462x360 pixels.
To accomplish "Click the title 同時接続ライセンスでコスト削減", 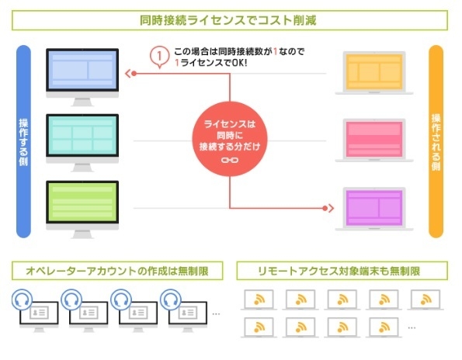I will (x=231, y=18).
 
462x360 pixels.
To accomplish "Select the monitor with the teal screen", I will (x=82, y=138).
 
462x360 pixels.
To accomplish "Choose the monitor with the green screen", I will (x=82, y=203).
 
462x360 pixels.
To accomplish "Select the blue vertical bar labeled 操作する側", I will (x=23, y=140).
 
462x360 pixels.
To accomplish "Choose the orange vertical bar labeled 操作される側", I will (x=436, y=140).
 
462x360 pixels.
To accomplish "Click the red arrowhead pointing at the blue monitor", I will (x=130, y=74).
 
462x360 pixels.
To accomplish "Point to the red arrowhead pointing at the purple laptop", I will (x=328, y=208).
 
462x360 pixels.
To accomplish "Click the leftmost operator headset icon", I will (x=21, y=299).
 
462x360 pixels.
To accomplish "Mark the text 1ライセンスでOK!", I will (x=213, y=62).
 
